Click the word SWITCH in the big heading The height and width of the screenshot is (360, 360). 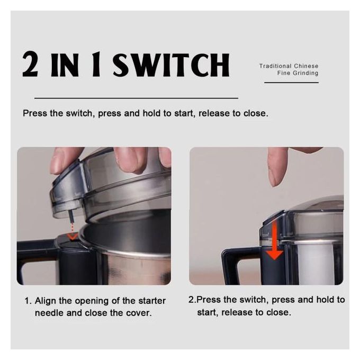(x=172, y=65)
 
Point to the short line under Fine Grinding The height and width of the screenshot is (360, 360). (x=291, y=83)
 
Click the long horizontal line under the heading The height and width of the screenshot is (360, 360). (x=136, y=98)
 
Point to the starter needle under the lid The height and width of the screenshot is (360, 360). (x=71, y=216)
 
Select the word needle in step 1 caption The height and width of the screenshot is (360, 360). (x=49, y=313)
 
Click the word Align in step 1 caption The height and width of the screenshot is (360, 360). (x=45, y=301)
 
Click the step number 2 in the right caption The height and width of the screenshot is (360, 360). (x=192, y=300)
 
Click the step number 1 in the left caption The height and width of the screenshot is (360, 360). (x=26, y=301)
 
